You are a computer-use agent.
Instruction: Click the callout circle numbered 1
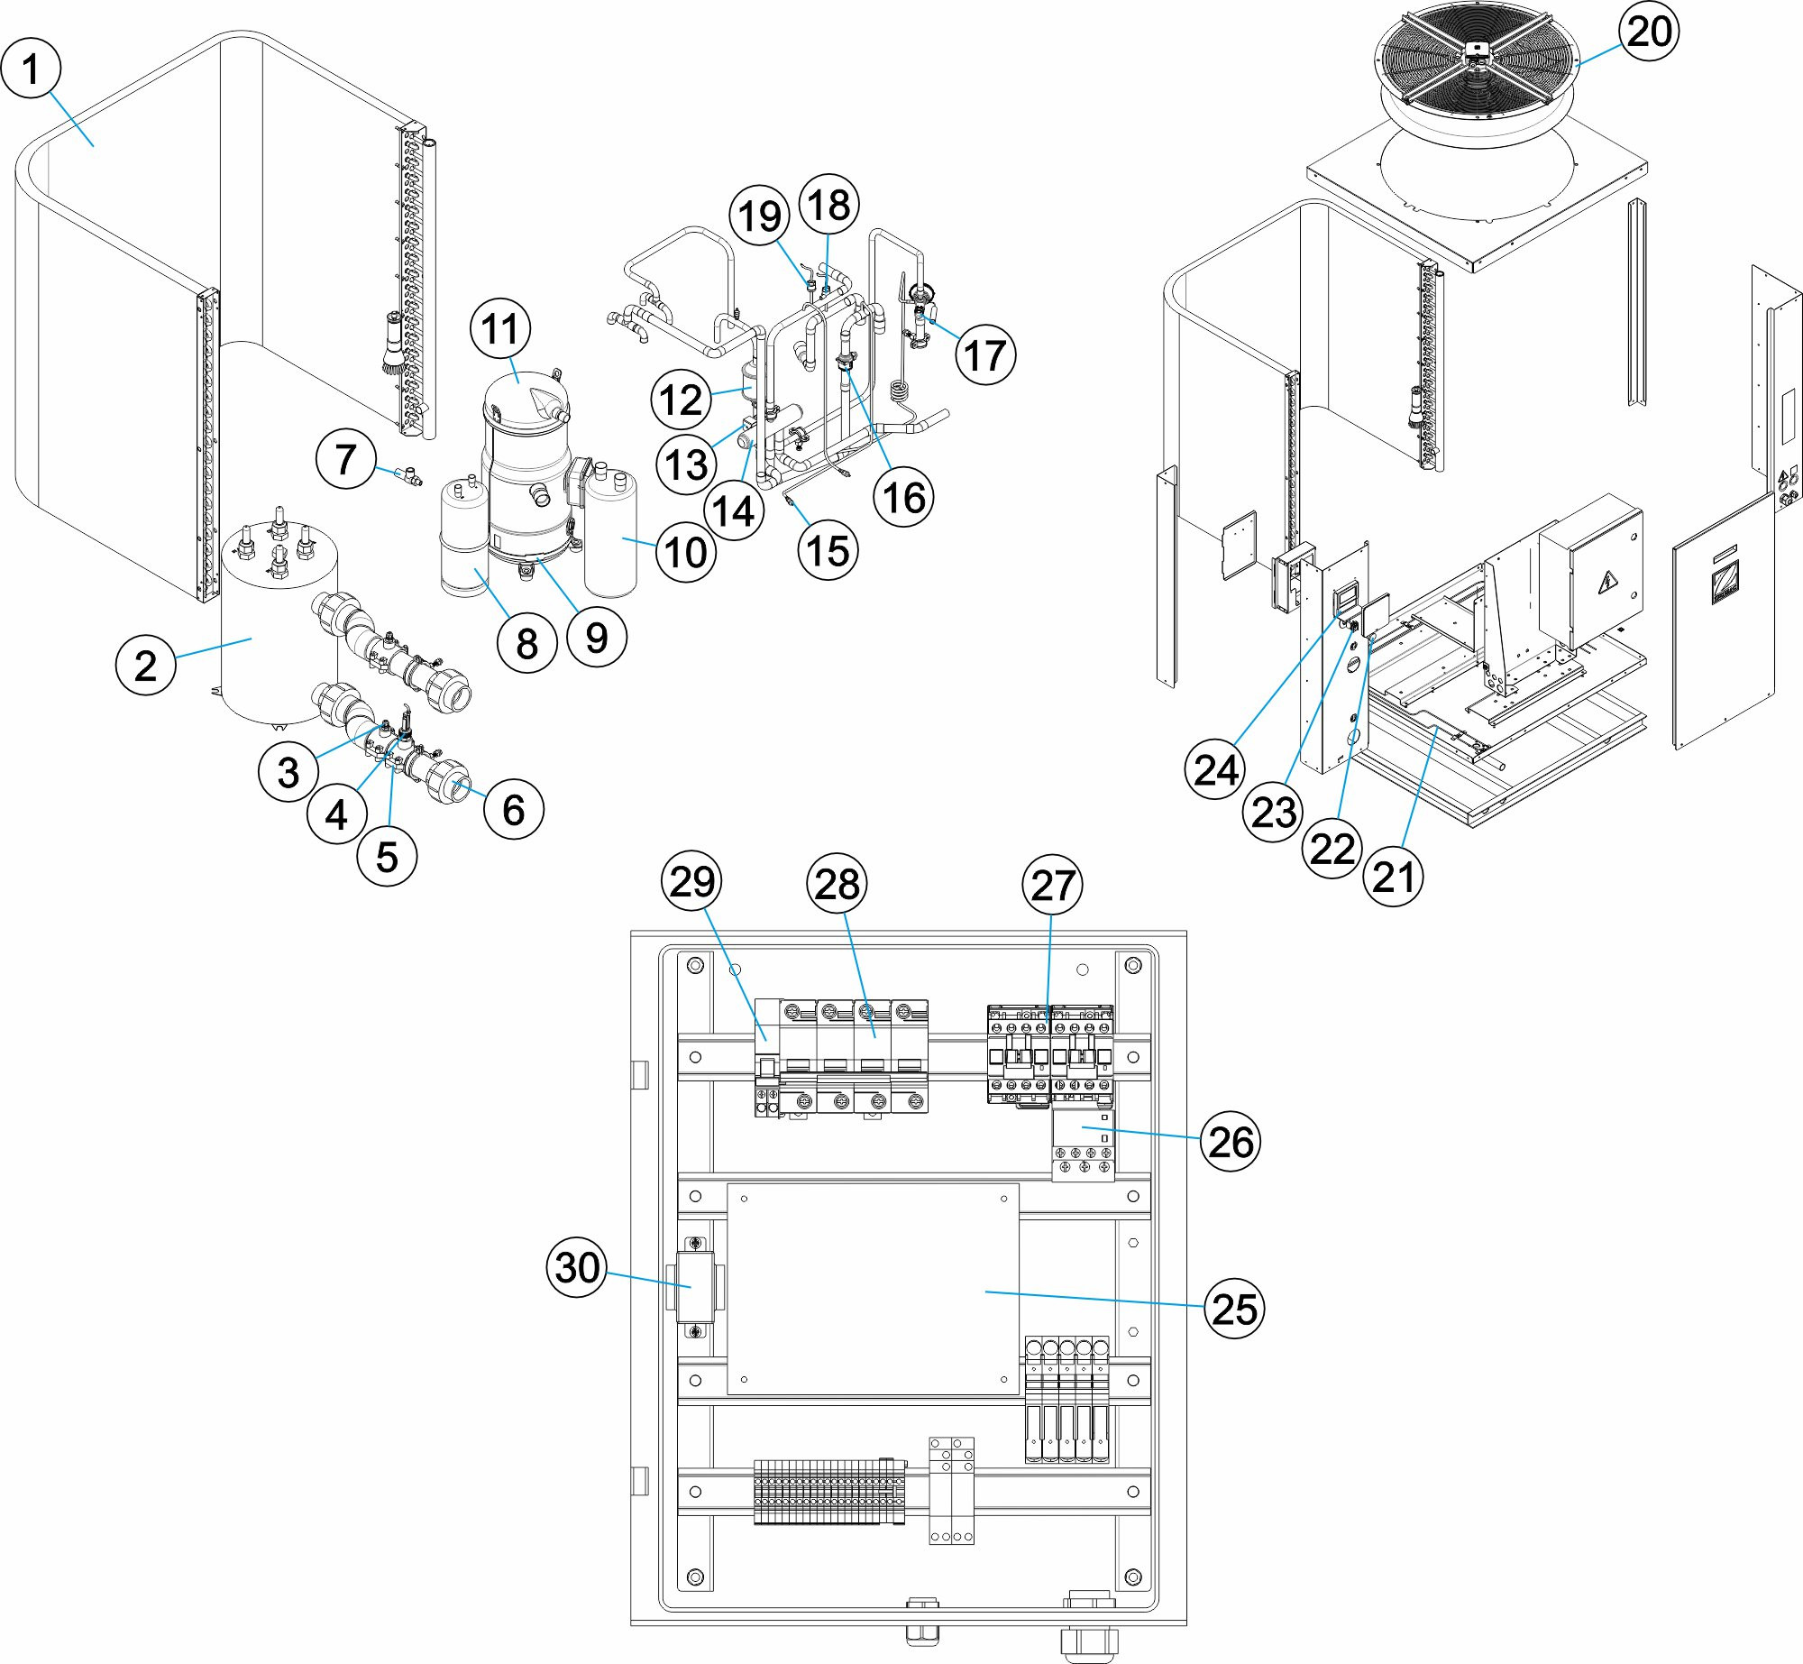(x=31, y=69)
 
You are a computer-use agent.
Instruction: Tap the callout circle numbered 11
(x=500, y=329)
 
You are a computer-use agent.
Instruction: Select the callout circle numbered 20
(x=1650, y=32)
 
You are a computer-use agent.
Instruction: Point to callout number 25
(x=1234, y=1309)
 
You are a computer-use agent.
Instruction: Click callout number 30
(x=577, y=1267)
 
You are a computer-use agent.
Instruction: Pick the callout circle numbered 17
(x=985, y=355)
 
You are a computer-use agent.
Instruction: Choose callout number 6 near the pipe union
(x=513, y=810)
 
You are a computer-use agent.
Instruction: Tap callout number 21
(x=1394, y=876)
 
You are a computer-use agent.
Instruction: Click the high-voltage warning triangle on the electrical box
(x=1606, y=584)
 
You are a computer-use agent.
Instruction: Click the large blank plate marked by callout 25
(x=873, y=1290)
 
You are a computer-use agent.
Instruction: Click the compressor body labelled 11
(x=527, y=451)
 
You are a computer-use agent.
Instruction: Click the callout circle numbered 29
(x=691, y=882)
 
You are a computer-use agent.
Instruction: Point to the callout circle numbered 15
(x=828, y=551)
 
